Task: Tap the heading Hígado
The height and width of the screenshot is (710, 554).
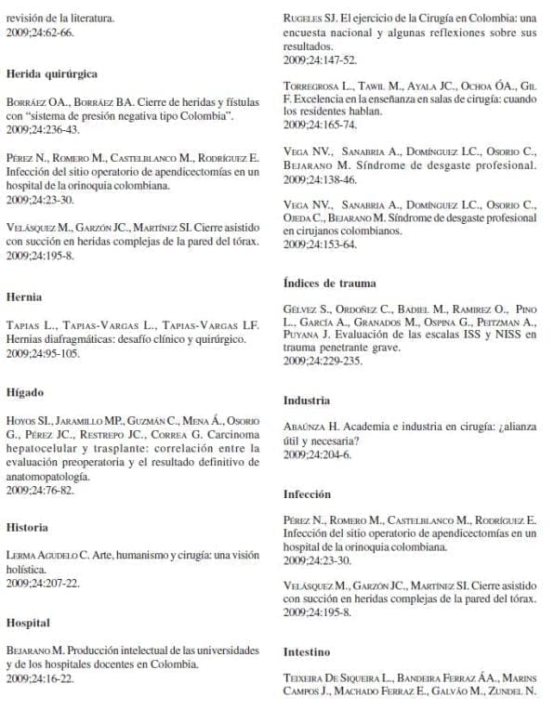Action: coord(25,393)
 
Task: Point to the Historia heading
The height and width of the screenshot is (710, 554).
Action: coord(27,527)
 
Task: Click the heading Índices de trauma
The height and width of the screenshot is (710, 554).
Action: coord(330,283)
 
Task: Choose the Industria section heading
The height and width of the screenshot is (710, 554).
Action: coord(307,401)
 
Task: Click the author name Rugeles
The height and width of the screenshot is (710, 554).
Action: coord(306,19)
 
